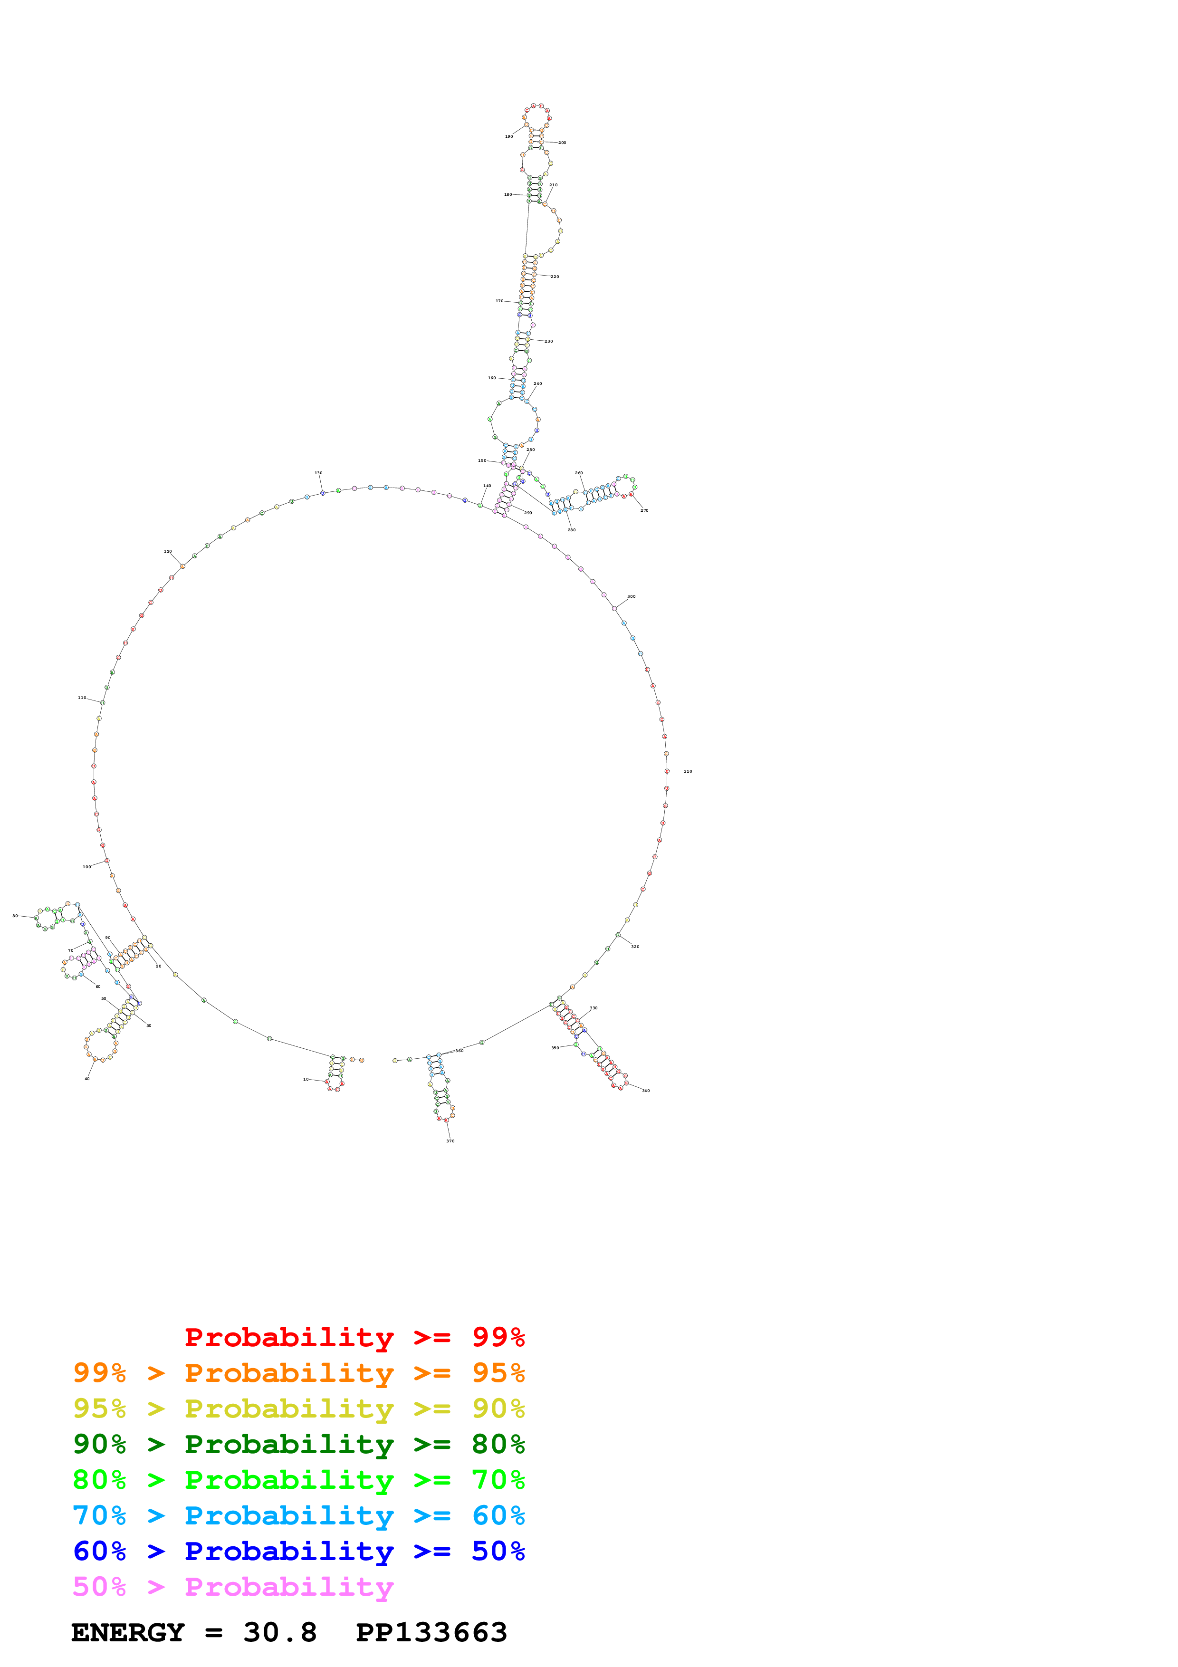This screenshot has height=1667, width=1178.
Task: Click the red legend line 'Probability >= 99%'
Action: pyautogui.click(x=354, y=1337)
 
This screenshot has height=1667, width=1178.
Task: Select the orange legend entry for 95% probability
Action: pyautogui.click(x=298, y=1373)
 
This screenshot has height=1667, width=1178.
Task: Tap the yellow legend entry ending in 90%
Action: pyautogui.click(x=298, y=1408)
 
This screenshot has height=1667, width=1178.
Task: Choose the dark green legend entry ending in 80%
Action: pyautogui.click(x=298, y=1444)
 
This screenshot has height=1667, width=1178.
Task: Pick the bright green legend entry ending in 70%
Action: pyautogui.click(x=298, y=1480)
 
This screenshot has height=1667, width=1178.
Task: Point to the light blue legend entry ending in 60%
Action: pyautogui.click(x=298, y=1515)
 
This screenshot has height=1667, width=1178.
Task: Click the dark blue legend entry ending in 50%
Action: pyautogui.click(x=298, y=1551)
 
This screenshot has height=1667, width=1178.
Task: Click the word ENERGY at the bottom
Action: pyautogui.click(x=128, y=1633)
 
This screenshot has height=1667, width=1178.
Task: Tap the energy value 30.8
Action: pyautogui.click(x=280, y=1633)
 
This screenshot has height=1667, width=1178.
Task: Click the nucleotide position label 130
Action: pyautogui.click(x=318, y=473)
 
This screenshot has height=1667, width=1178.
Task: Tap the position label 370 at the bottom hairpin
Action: pyautogui.click(x=450, y=1140)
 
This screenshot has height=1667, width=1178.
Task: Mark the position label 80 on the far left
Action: pyautogui.click(x=15, y=916)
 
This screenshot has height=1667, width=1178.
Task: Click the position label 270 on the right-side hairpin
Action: pyautogui.click(x=644, y=510)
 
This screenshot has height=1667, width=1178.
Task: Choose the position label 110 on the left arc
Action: pyautogui.click(x=82, y=698)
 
